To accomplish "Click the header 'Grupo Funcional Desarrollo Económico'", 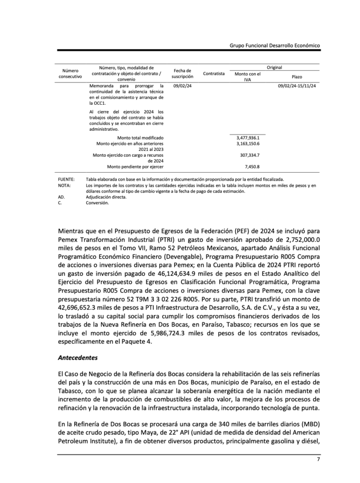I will [275, 45].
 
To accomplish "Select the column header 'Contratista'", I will [213, 74].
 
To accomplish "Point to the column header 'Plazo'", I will [297, 76].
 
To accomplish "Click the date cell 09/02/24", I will [182, 86].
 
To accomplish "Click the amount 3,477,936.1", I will [248, 138].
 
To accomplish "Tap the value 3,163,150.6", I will [248, 143].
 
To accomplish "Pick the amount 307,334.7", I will [250, 155].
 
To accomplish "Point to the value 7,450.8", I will [252, 167].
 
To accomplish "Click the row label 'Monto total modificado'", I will [140, 138].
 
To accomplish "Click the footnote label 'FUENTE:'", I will [66, 180].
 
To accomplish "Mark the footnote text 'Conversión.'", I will [97, 203].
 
